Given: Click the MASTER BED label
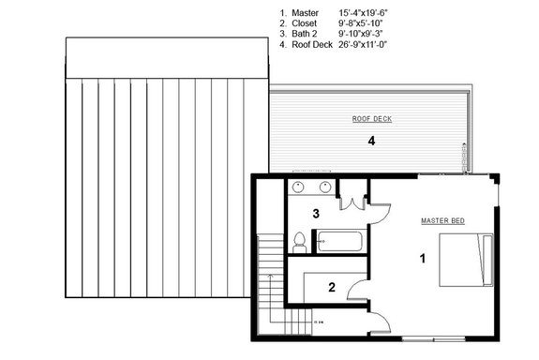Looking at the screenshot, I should [x=443, y=220].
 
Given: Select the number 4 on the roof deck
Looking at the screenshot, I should [x=372, y=141].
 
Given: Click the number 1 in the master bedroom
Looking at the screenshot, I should [x=423, y=257].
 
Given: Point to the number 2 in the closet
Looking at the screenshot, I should [x=331, y=288].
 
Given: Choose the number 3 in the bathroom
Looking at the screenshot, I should [x=317, y=213].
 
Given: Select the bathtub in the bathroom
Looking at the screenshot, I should [x=339, y=241].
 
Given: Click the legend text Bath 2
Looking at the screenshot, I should [x=308, y=34].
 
